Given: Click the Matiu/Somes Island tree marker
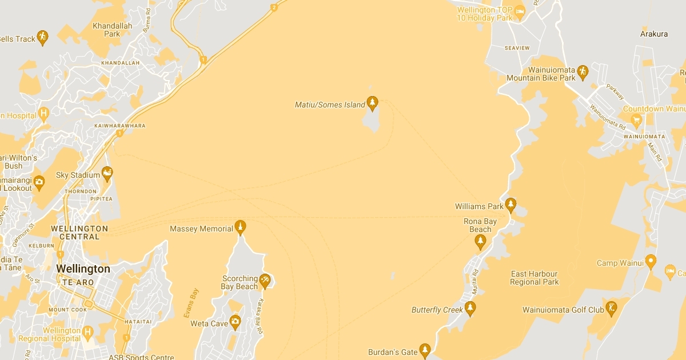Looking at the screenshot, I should point(373,103).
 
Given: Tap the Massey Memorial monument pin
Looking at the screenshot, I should point(241,227).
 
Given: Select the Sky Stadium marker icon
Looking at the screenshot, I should point(107,173).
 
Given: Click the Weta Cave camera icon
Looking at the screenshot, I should point(235,322).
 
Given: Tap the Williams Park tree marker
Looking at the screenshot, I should point(510,205).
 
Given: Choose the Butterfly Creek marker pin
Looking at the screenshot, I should point(470,308).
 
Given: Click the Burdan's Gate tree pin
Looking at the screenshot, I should point(424,350).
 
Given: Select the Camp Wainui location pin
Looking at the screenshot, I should point(651,261).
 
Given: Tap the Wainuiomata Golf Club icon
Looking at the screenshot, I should point(611,308).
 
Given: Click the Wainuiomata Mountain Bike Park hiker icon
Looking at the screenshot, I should point(583,71).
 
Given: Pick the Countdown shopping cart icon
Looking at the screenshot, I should point(636,119).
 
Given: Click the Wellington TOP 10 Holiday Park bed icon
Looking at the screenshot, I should point(520,11).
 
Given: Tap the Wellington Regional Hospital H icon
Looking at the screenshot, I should point(87,331).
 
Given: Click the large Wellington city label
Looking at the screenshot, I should point(83,269).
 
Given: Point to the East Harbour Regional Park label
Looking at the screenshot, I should point(535,278).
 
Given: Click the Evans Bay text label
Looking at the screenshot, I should point(191,303).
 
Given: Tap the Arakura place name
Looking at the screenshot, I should point(654,34).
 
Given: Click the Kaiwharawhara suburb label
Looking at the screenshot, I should point(122,125).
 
